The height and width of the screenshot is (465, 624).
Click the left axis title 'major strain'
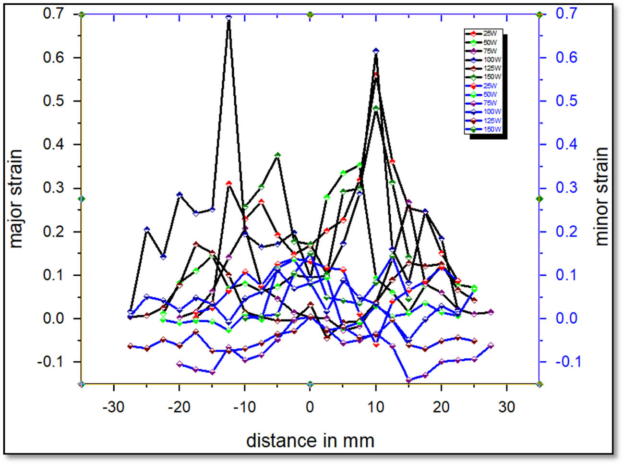coord(16,198)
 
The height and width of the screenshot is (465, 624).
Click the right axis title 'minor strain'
coord(601,196)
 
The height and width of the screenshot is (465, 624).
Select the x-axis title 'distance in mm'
coord(310,440)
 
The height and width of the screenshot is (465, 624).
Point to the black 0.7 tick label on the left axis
coord(53,13)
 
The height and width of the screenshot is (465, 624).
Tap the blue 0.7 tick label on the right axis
coord(566,13)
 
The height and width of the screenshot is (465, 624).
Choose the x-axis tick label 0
coord(310,407)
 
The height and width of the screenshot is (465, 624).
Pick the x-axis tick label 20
coord(441,407)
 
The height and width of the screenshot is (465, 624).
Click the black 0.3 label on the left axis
coord(53,188)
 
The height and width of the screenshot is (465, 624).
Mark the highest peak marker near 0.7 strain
coord(228,18)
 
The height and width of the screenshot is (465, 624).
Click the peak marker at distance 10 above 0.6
coord(376,51)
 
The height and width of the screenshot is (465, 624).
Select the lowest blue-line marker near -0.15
coord(408,380)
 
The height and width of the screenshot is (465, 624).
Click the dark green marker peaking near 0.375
coord(277,155)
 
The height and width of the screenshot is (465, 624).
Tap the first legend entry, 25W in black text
coord(490,34)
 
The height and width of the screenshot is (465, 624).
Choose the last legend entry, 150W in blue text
coord(492,129)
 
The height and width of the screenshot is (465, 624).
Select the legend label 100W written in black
coord(492,60)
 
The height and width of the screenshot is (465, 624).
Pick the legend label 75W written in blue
coord(490,103)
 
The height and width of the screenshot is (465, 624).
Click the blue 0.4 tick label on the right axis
coord(566,144)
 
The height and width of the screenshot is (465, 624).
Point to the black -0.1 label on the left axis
coord(51,362)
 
